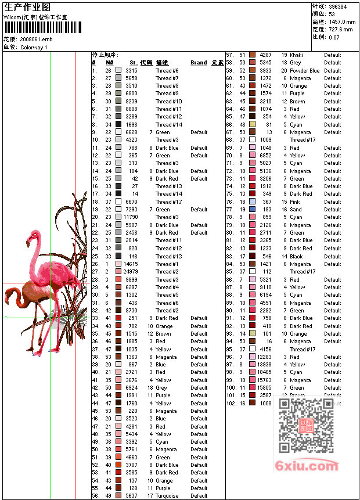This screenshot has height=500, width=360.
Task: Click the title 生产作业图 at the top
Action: click(x=27, y=7)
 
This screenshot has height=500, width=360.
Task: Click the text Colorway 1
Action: click(x=34, y=47)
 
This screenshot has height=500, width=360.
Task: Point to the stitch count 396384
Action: click(x=338, y=6)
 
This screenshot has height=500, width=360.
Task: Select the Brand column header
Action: click(x=199, y=63)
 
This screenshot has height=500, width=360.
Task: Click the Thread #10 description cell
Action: click(x=168, y=101)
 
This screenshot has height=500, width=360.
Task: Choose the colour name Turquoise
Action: click(x=167, y=496)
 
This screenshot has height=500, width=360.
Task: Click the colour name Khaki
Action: click(x=296, y=55)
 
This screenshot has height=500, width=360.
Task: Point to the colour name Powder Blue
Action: click(x=305, y=71)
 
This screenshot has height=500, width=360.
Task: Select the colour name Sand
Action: click(x=296, y=210)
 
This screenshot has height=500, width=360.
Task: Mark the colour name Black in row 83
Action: click(x=296, y=256)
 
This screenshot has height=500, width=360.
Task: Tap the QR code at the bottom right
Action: click(x=305, y=426)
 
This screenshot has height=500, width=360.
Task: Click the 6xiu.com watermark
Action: click(x=307, y=466)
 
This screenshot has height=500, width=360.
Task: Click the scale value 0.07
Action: click(x=334, y=37)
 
